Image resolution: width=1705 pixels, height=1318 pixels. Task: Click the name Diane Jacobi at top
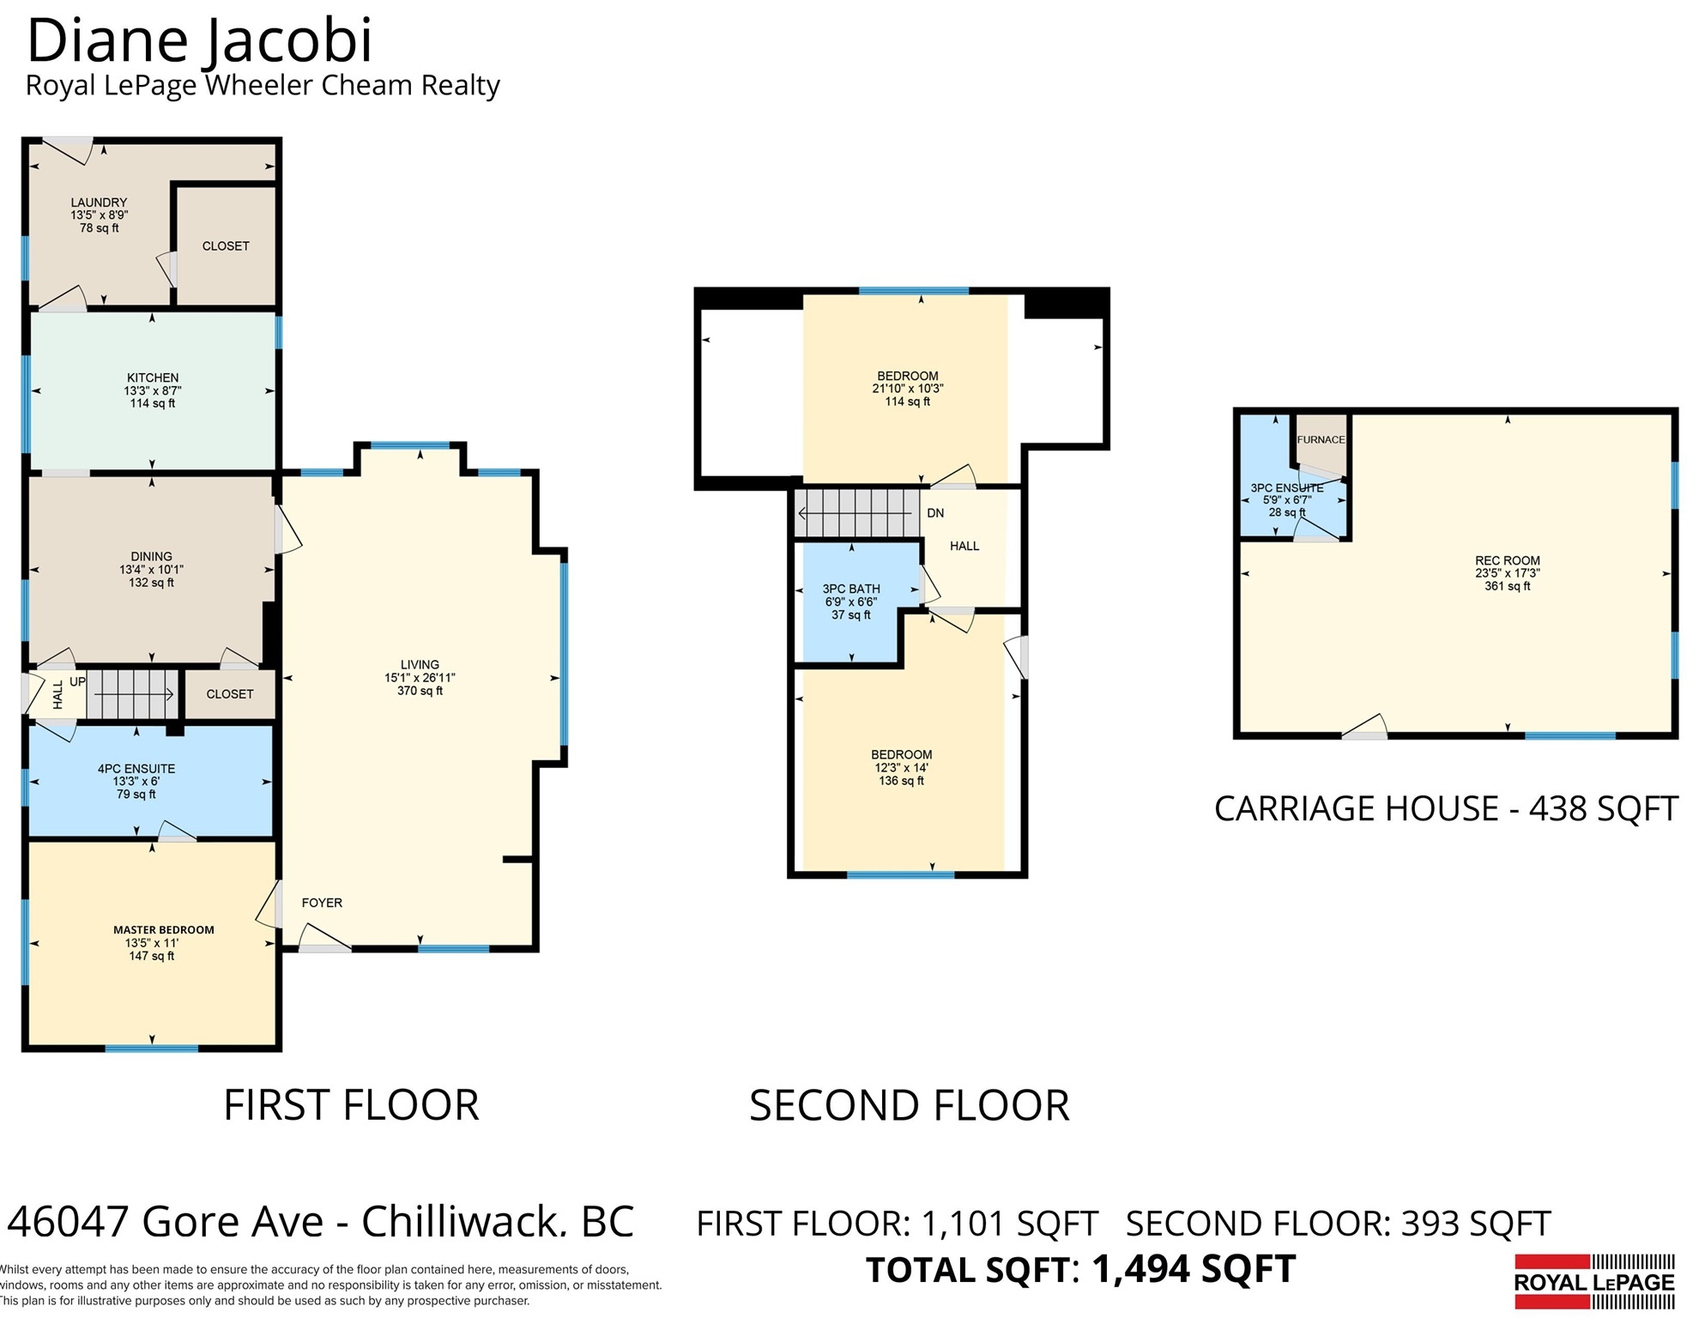click(200, 40)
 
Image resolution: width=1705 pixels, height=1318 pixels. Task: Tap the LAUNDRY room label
click(99, 203)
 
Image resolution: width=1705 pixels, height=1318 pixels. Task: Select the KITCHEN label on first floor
click(153, 378)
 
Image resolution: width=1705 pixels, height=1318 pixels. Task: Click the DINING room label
click(151, 556)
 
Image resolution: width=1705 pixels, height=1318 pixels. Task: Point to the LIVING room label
click(420, 664)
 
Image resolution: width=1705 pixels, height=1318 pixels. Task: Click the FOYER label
click(322, 903)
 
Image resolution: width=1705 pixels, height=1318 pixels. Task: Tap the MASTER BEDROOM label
click(164, 930)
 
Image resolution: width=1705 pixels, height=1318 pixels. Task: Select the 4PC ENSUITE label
click(136, 769)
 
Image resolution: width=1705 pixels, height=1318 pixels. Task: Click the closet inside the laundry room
click(226, 246)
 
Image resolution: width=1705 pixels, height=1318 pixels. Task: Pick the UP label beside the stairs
click(77, 682)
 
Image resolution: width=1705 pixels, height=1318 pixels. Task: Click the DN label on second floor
click(935, 513)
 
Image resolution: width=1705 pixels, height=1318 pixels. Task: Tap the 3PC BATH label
click(851, 589)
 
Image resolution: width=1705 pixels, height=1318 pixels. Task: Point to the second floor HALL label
click(964, 546)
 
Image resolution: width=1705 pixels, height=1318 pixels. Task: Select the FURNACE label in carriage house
click(1321, 439)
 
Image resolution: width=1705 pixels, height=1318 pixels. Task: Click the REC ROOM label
click(1508, 560)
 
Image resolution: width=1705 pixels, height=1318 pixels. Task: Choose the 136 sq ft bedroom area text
click(902, 781)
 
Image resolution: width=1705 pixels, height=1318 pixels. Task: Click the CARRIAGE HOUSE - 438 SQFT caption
click(1446, 808)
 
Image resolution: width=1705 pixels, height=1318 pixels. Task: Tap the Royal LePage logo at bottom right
click(1594, 1282)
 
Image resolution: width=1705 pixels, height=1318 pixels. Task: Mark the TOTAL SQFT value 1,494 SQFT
click(1193, 1270)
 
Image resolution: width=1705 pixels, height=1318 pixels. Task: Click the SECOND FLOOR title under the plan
click(910, 1105)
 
